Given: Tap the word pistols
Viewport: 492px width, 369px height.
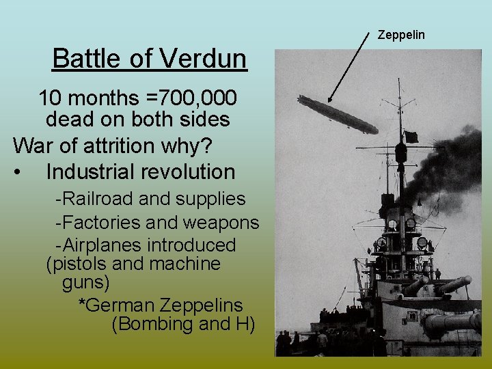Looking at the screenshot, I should tap(79, 264).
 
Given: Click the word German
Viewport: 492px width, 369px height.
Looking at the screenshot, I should tap(119, 304).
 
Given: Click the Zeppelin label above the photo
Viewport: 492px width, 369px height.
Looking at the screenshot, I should tap(402, 34).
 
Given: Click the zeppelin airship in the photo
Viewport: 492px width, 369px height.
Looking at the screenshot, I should tap(338, 114).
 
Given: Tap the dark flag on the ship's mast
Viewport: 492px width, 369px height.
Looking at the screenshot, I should tap(411, 137).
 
